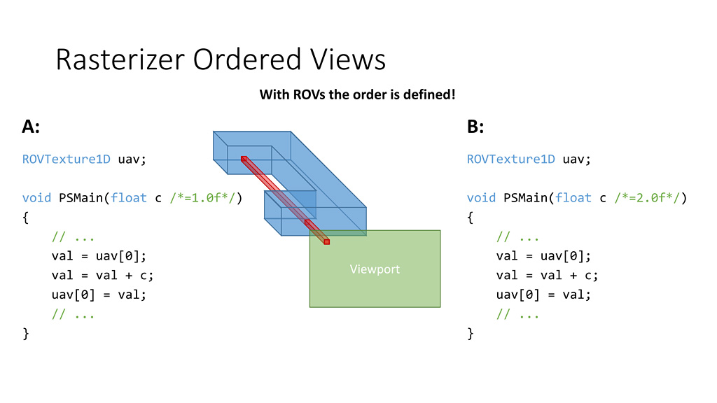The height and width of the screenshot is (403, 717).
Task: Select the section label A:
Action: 32,127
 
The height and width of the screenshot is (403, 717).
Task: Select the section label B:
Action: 476,127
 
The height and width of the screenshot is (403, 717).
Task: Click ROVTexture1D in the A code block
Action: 67,159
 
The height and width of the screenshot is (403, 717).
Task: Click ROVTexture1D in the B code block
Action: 511,159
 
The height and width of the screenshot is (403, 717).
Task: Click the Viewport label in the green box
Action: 375,269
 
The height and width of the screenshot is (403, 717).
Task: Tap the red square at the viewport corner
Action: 326,241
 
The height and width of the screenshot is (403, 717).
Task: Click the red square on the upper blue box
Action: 244,159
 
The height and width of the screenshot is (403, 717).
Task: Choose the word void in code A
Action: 36,198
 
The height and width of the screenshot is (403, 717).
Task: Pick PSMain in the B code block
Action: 525,198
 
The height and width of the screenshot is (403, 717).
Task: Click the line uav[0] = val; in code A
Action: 99,295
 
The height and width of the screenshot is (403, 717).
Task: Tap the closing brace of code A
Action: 26,334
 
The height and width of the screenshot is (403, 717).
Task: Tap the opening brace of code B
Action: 471,218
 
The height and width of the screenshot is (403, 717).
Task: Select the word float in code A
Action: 129,198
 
